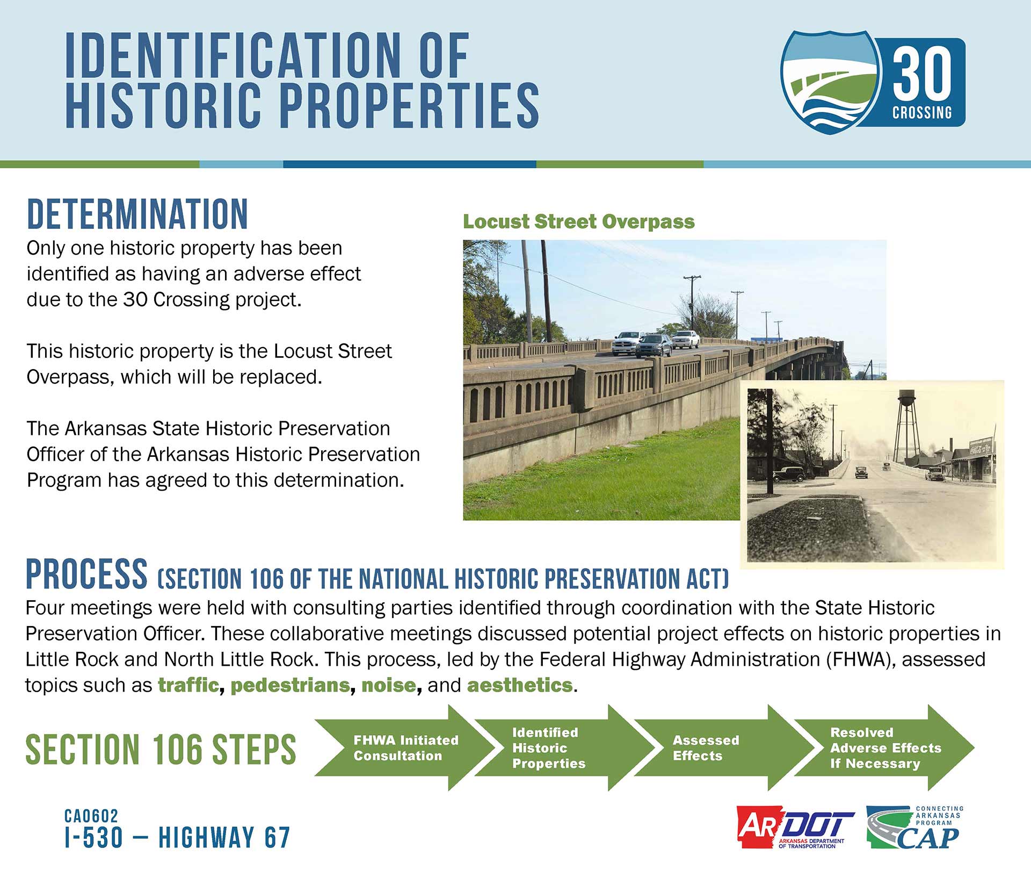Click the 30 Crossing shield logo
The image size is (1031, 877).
coord(873,82)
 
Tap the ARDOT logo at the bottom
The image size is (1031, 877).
coord(795,827)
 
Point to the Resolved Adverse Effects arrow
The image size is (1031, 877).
coord(884,747)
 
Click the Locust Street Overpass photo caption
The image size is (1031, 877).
coord(579,221)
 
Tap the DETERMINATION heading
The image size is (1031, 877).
coord(137,214)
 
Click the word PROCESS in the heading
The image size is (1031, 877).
coord(86,573)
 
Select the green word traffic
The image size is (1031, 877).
coord(188,685)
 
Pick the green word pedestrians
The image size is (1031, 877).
coord(291,686)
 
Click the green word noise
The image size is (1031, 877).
coord(389,685)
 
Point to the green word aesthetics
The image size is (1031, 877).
coord(520,685)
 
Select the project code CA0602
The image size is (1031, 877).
coord(91,816)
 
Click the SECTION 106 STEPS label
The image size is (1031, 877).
coord(161,749)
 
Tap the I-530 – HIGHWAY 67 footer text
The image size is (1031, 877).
coord(177,838)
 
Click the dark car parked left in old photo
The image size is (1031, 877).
coord(789,473)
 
